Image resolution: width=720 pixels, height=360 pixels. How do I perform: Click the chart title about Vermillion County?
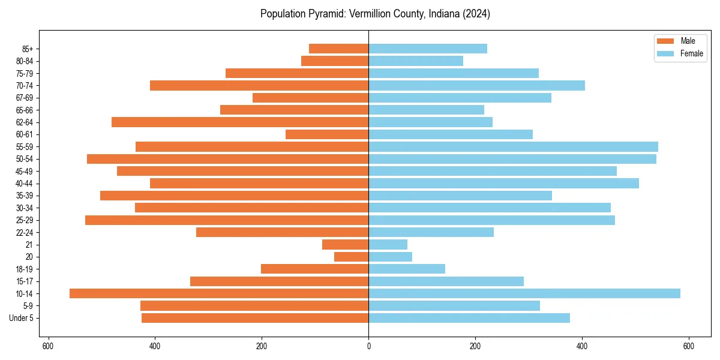pyautogui.click(x=375, y=14)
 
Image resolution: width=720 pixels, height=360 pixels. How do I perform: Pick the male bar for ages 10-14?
pyautogui.click(x=219, y=293)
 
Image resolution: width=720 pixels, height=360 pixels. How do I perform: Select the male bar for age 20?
pyautogui.click(x=351, y=257)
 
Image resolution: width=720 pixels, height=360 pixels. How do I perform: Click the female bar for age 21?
pyautogui.click(x=388, y=244)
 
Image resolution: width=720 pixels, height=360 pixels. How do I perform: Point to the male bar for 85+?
pyautogui.click(x=338, y=49)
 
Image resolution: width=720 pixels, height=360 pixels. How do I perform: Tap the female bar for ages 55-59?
pyautogui.click(x=513, y=146)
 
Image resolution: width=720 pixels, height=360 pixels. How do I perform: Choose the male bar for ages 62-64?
pyautogui.click(x=240, y=122)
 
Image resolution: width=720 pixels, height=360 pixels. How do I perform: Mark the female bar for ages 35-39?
pyautogui.click(x=460, y=196)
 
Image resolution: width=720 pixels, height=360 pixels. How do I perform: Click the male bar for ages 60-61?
pyautogui.click(x=327, y=134)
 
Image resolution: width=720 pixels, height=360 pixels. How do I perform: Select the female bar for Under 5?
pyautogui.click(x=469, y=318)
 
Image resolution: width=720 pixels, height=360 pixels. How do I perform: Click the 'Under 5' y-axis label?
pyautogui.click(x=21, y=318)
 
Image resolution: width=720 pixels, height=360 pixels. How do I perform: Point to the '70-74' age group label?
pyautogui.click(x=25, y=85)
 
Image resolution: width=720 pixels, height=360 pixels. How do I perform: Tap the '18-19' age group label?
pyautogui.click(x=25, y=269)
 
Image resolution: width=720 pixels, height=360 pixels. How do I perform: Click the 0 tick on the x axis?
pyautogui.click(x=368, y=346)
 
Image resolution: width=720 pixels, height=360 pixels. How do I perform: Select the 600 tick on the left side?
pyautogui.click(x=48, y=346)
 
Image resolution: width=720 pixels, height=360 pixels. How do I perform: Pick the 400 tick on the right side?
pyautogui.click(x=582, y=346)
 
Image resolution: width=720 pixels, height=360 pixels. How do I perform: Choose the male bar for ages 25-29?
pyautogui.click(x=227, y=220)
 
